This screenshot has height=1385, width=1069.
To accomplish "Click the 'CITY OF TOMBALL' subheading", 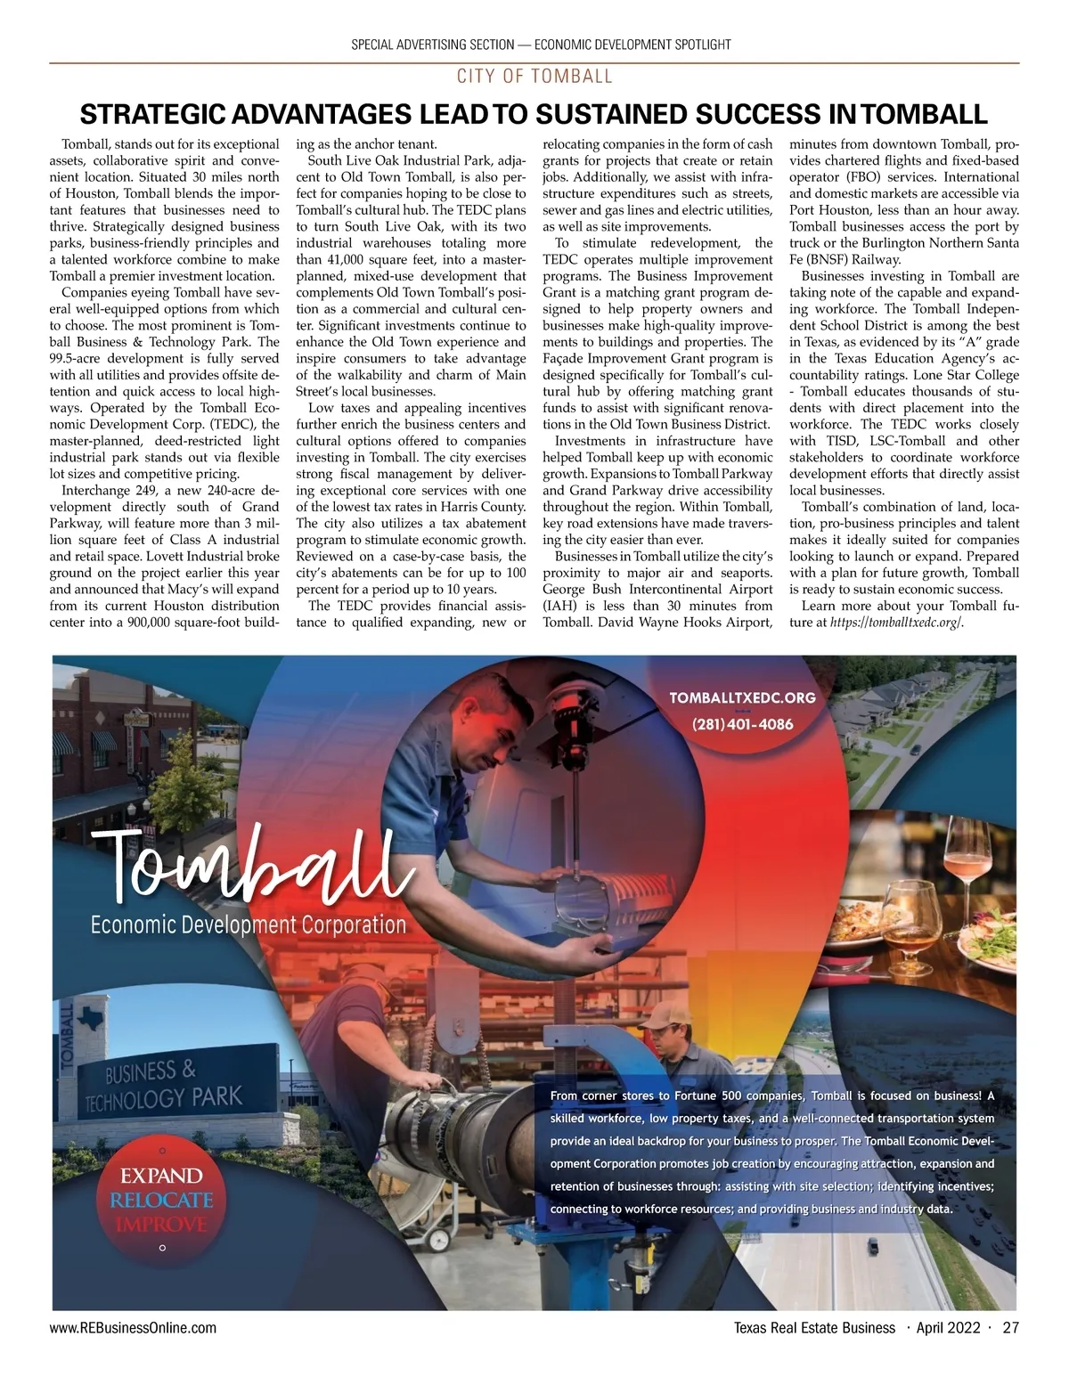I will click(534, 76).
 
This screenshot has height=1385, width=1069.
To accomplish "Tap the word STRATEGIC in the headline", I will click(153, 115).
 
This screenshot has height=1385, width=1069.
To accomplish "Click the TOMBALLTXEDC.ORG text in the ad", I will click(742, 697).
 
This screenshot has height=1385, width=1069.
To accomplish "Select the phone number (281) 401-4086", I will click(742, 724).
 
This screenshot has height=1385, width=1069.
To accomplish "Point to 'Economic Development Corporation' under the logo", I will click(248, 925).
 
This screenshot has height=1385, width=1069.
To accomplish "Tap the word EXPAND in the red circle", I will click(161, 1177).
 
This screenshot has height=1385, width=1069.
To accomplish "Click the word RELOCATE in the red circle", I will click(161, 1200).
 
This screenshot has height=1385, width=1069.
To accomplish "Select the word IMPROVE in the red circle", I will click(161, 1224).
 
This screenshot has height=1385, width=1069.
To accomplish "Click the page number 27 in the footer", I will click(1010, 1329).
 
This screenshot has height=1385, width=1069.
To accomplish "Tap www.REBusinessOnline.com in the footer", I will click(133, 1329).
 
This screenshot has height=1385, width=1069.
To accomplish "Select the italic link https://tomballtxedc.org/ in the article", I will click(897, 623).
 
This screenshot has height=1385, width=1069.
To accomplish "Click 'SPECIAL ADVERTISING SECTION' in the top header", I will click(433, 45).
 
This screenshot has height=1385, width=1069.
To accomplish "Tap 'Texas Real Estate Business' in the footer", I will click(814, 1329).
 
